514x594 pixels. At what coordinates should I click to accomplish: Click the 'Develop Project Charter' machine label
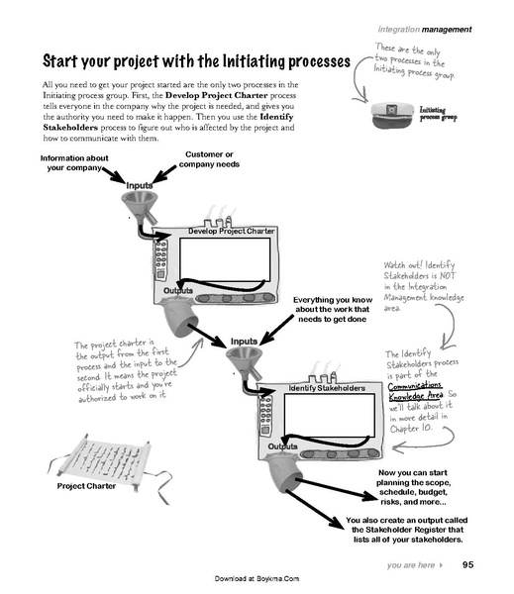pos(231,231)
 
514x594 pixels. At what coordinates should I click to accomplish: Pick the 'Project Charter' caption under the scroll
pos(87,486)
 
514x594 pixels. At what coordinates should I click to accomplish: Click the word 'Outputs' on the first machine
pos(178,290)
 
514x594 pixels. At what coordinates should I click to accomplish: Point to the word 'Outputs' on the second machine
pos(284,447)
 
